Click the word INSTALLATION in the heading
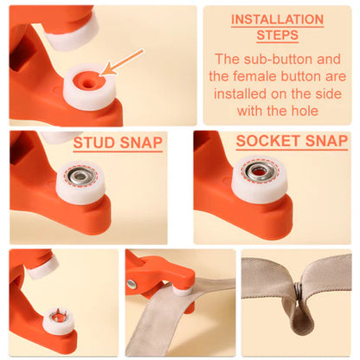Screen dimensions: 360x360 (x=277, y=19)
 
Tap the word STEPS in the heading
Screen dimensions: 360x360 (x=277, y=35)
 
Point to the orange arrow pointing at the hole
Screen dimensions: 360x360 (x=123, y=61)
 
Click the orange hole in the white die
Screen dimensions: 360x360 (x=87, y=80)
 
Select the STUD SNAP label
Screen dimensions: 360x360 (x=118, y=143)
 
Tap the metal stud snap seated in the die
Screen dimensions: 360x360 (x=80, y=177)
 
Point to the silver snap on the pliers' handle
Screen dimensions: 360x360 (x=132, y=284)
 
